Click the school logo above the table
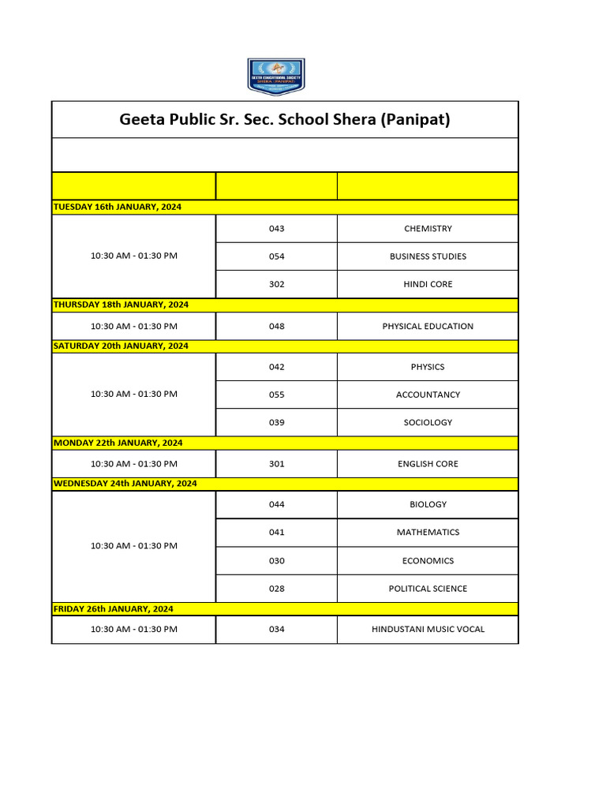tap(276, 77)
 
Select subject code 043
tap(276, 229)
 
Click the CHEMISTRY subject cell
tap(428, 229)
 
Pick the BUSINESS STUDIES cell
tap(428, 256)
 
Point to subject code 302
tap(276, 284)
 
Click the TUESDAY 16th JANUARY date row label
tap(117, 207)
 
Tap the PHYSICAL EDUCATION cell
tap(428, 326)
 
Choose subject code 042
tap(276, 367)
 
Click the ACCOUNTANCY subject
tap(428, 395)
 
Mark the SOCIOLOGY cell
tap(428, 422)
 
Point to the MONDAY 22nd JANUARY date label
tap(118, 443)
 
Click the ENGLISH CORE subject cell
tap(428, 464)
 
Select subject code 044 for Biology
tap(276, 504)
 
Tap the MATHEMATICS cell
tap(428, 532)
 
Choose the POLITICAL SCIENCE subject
tap(428, 589)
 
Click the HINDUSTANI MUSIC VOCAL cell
tap(428, 629)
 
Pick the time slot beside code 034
tap(133, 629)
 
